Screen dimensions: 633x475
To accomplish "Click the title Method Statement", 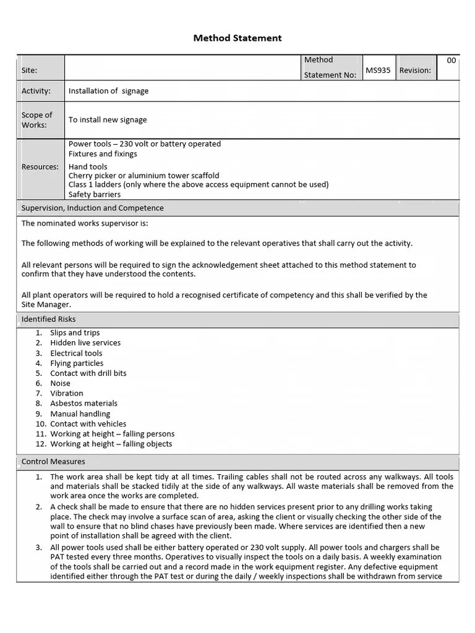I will [x=237, y=38].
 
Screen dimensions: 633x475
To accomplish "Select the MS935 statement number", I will [x=378, y=70].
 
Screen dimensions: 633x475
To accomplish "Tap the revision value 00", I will [x=451, y=61].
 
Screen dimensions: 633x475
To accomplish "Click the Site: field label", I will [x=30, y=71].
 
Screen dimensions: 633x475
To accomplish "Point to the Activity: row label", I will [x=36, y=91].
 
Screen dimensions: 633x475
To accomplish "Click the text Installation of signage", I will [x=108, y=91].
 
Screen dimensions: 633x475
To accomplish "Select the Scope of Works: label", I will [x=37, y=120].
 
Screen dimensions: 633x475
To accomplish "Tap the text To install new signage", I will [x=108, y=120].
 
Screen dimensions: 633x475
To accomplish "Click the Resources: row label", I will [x=40, y=167].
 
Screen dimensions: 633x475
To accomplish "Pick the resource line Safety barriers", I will [x=95, y=195].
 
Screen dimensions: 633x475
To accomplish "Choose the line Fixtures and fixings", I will [x=103, y=154].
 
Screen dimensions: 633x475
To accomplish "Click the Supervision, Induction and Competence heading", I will [x=93, y=208].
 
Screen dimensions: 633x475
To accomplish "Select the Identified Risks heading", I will [x=49, y=320].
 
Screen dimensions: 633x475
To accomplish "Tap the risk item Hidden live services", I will [x=85, y=343].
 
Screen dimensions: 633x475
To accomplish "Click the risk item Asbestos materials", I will [x=83, y=404].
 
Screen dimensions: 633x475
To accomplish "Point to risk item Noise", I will [x=60, y=383].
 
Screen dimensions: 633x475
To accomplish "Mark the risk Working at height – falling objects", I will [x=111, y=444].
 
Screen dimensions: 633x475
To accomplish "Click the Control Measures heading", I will [x=53, y=462].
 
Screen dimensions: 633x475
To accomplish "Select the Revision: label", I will [x=415, y=70].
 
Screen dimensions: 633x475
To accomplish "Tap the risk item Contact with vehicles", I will [x=88, y=424].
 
